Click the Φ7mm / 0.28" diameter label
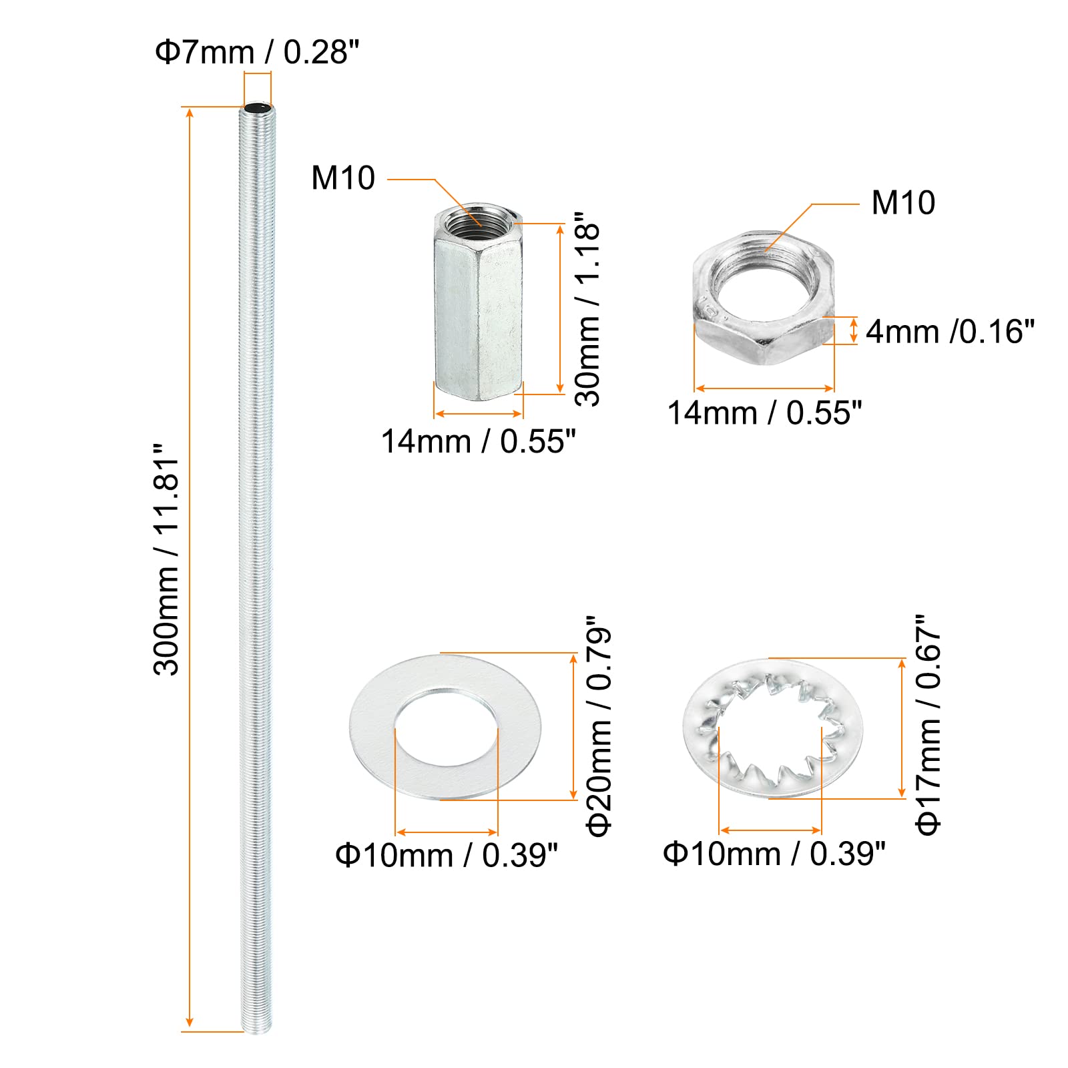click(x=257, y=52)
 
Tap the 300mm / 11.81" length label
click(x=167, y=559)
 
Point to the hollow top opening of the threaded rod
click(x=257, y=107)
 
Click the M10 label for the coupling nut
click(x=343, y=178)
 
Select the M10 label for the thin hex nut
click(x=903, y=203)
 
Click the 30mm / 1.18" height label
click(x=588, y=309)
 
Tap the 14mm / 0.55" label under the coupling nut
click(x=478, y=441)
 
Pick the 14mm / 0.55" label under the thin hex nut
click(x=765, y=413)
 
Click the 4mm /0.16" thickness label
click(x=951, y=332)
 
